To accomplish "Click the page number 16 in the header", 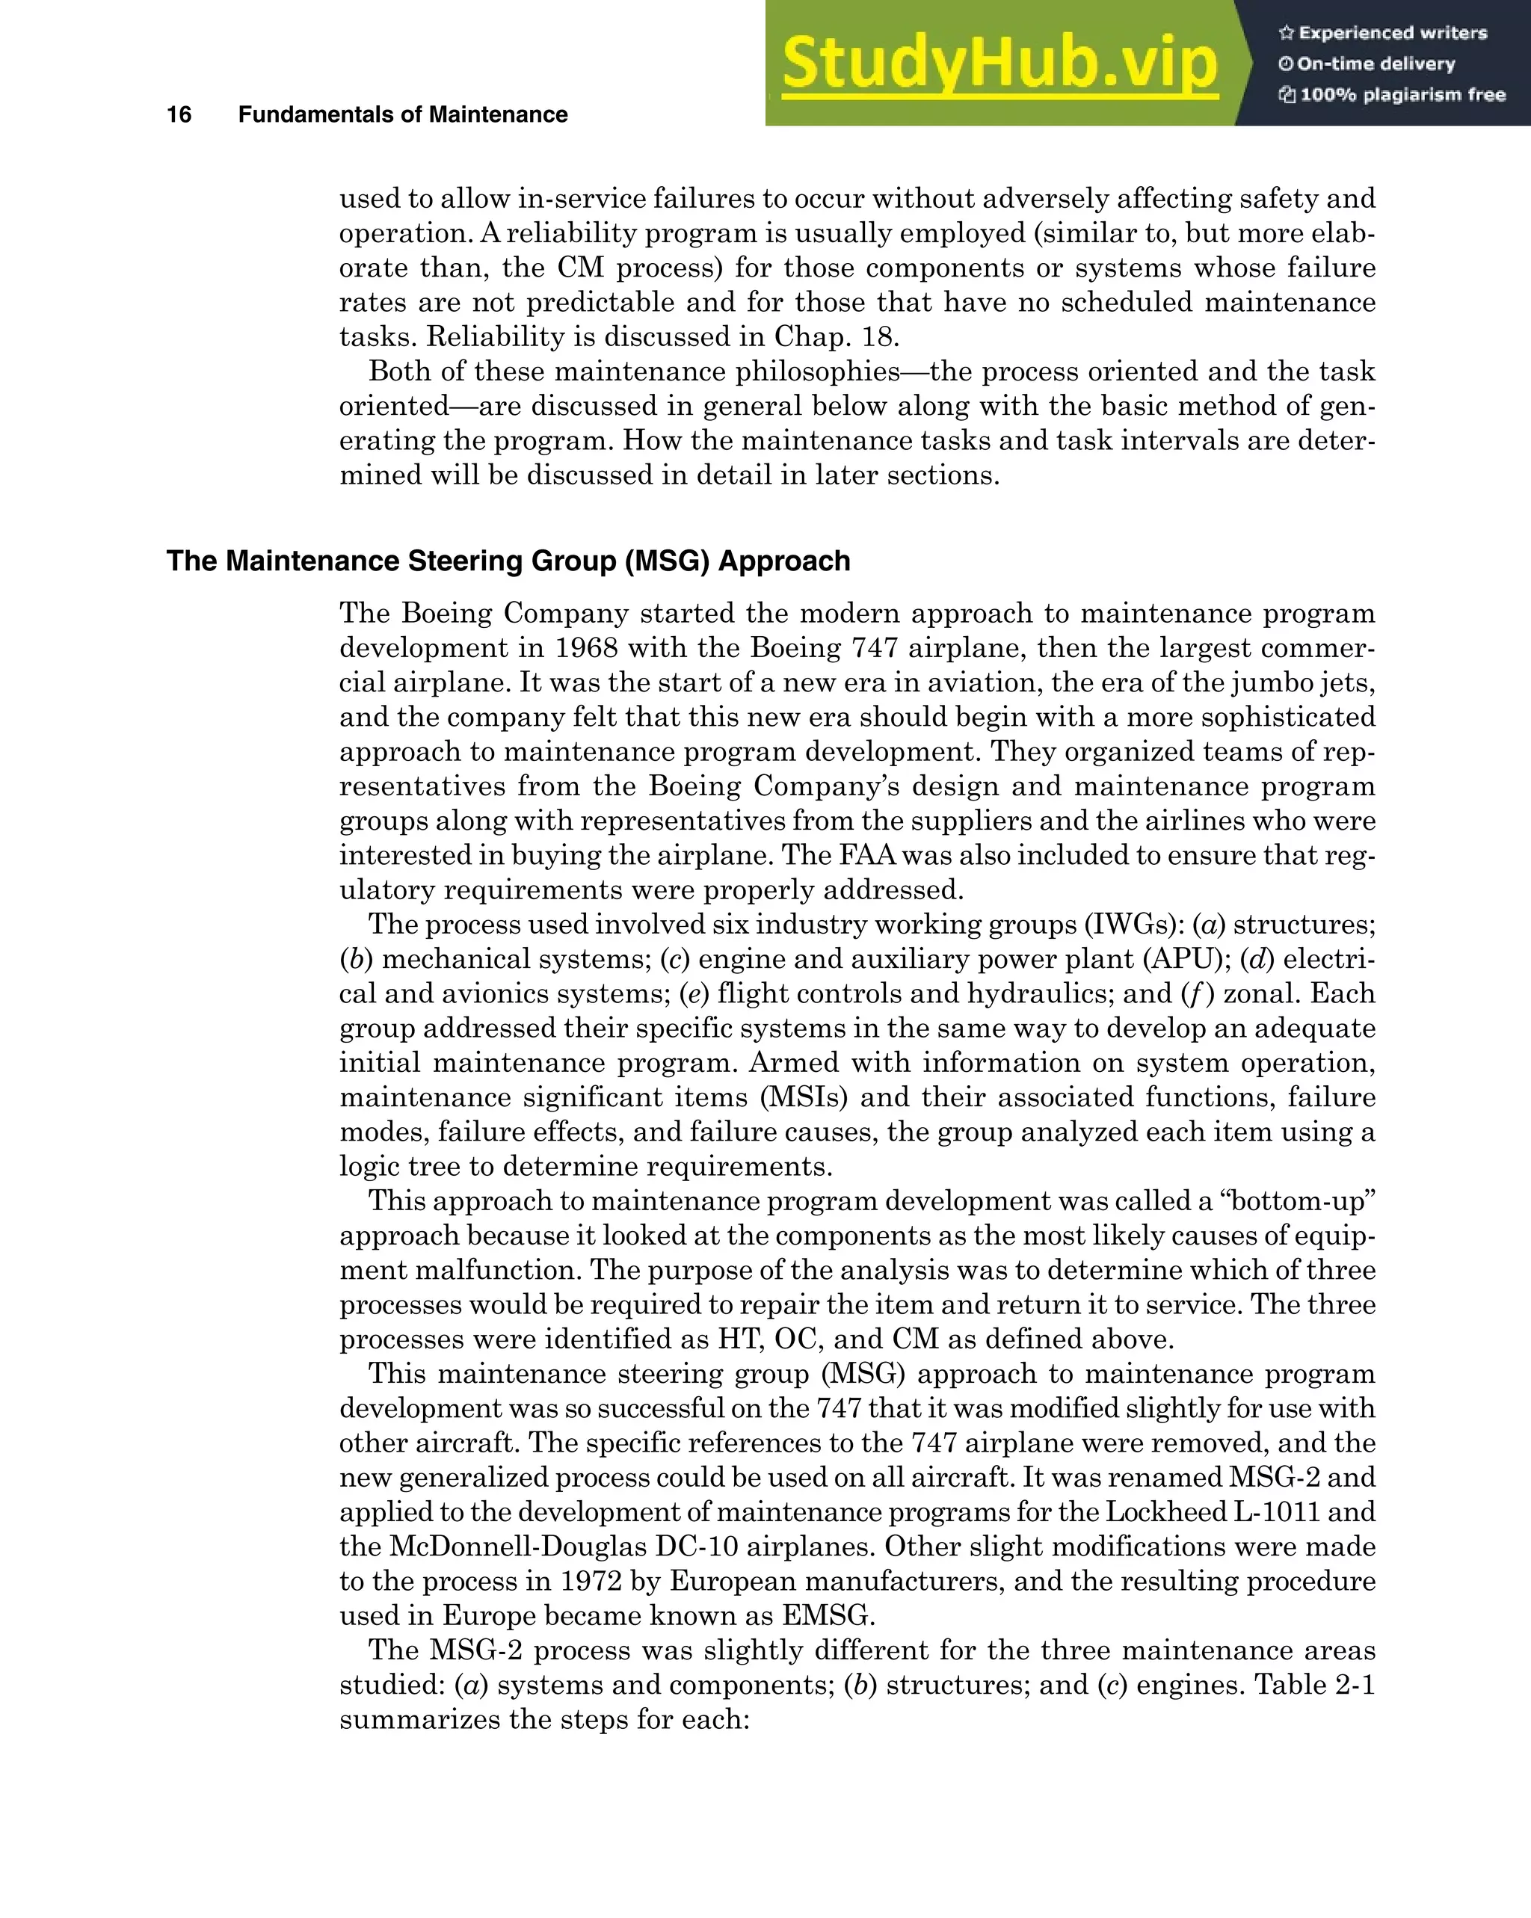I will click(179, 115).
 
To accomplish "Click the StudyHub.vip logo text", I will click(999, 64).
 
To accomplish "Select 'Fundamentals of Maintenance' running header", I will click(402, 115).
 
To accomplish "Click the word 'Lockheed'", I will click(1165, 1512).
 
